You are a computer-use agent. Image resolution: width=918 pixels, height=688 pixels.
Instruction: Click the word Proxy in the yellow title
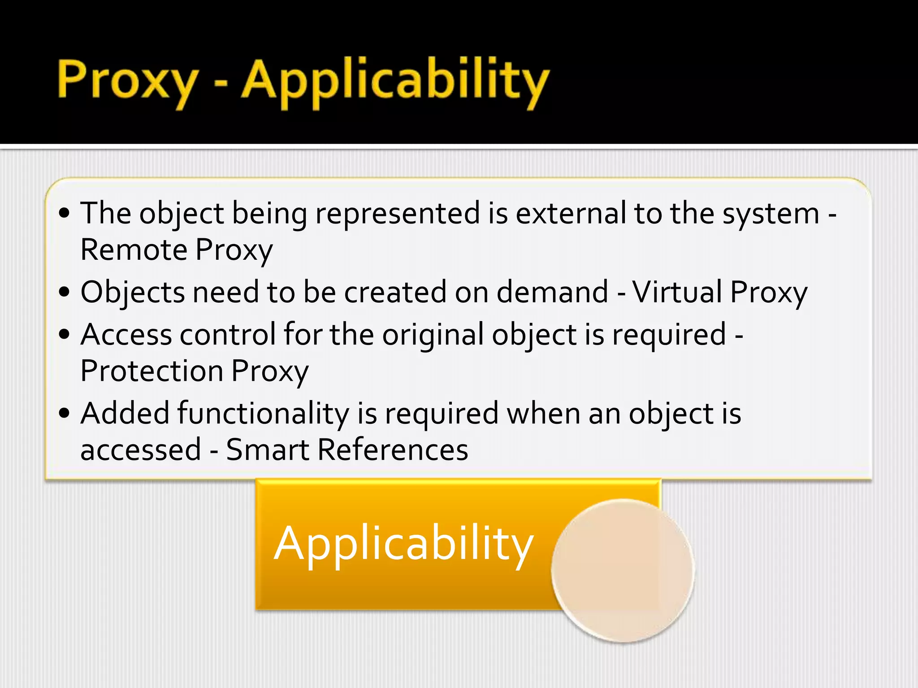(x=128, y=81)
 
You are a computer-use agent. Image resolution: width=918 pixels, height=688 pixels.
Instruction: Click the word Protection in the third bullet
(x=152, y=371)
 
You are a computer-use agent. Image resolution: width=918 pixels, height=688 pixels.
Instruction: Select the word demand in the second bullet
(x=552, y=292)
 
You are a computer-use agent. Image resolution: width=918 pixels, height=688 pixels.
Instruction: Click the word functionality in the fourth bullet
(x=263, y=413)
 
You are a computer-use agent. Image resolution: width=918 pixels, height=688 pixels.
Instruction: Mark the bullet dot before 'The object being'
(x=65, y=213)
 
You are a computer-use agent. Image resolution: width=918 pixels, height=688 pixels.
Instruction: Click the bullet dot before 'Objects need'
(x=65, y=292)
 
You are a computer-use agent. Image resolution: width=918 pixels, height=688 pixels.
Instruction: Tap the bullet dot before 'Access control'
(x=65, y=335)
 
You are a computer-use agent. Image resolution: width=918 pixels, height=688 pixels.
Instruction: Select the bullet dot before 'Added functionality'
(x=65, y=413)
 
